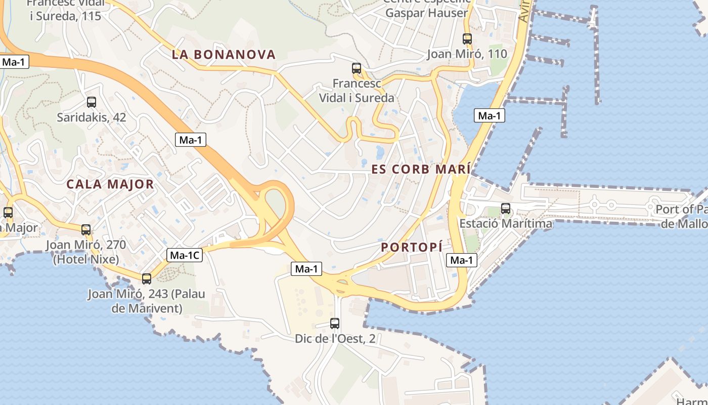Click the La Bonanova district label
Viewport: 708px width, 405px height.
[224, 55]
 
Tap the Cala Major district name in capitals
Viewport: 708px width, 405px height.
[110, 184]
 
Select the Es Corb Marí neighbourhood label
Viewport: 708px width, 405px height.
[421, 169]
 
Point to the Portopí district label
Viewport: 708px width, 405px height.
[412, 247]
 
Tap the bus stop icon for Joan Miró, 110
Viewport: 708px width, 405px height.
[467, 38]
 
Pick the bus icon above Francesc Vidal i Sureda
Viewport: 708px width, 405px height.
[357, 68]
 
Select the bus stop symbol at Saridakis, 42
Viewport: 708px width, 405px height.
[91, 102]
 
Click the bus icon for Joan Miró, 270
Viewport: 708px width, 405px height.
[86, 229]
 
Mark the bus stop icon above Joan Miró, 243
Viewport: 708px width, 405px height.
[147, 278]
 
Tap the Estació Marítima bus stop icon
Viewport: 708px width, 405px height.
[505, 208]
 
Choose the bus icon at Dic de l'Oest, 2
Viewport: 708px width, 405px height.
[334, 323]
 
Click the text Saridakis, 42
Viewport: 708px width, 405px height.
[91, 117]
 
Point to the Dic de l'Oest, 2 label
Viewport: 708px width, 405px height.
[335, 338]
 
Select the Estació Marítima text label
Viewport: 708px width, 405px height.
[506, 223]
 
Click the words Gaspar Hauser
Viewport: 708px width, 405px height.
[426, 13]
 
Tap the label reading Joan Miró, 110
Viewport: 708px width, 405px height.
[467, 54]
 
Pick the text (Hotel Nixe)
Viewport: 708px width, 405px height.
[86, 260]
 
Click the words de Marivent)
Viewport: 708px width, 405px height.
[146, 308]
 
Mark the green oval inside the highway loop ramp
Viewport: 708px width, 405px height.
[275, 202]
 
